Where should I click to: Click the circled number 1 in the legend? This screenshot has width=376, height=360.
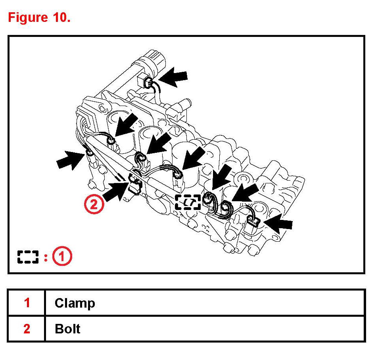coord(62,257)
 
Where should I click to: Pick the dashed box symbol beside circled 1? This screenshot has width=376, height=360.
coord(28,257)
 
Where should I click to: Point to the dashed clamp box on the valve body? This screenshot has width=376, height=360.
coord(188,202)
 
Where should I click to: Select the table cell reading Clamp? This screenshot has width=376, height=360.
coord(75,303)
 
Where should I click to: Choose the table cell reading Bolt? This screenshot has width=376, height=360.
coord(67,329)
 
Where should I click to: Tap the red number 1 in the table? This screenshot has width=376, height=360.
coord(27,303)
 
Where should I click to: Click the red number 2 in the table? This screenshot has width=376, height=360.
coord(27,329)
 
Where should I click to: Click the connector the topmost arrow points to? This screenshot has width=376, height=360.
coord(149,83)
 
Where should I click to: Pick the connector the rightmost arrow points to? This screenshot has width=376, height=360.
coord(252,219)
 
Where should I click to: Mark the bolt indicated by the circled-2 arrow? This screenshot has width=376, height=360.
coord(134,183)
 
